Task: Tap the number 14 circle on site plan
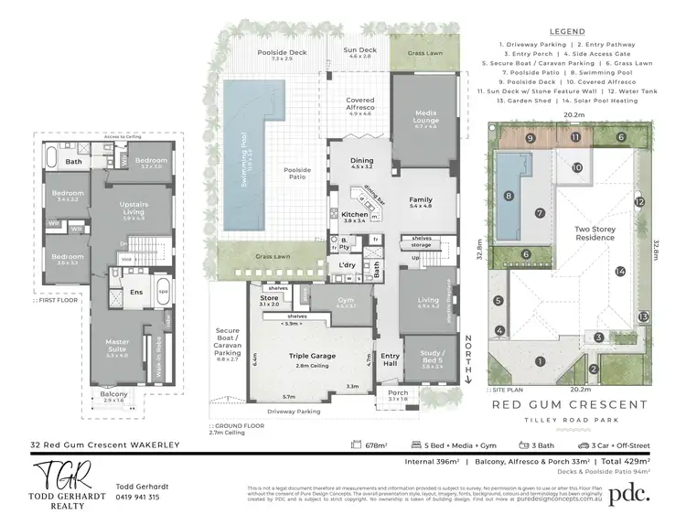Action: (x=619, y=271)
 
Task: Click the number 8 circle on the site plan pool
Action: (x=509, y=196)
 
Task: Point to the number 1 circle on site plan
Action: (x=540, y=361)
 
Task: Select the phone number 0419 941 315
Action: (x=137, y=497)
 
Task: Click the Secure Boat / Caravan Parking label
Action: (x=228, y=339)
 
